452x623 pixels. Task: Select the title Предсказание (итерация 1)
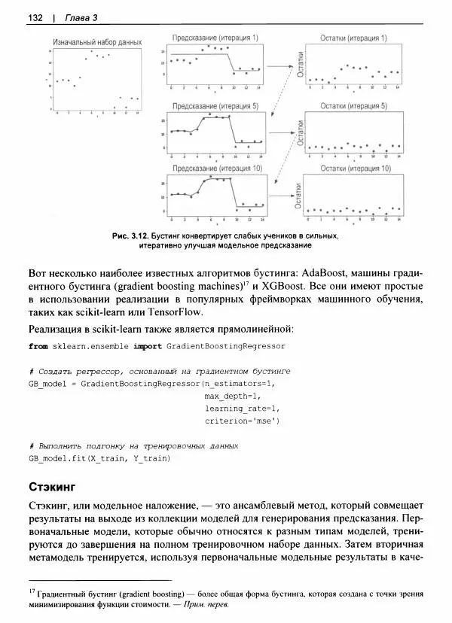(215, 37)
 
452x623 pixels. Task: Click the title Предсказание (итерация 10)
(215, 169)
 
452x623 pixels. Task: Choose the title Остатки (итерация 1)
(353, 38)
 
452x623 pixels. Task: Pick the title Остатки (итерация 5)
(353, 106)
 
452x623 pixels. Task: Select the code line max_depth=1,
(231, 397)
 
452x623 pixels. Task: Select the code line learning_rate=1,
(242, 409)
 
